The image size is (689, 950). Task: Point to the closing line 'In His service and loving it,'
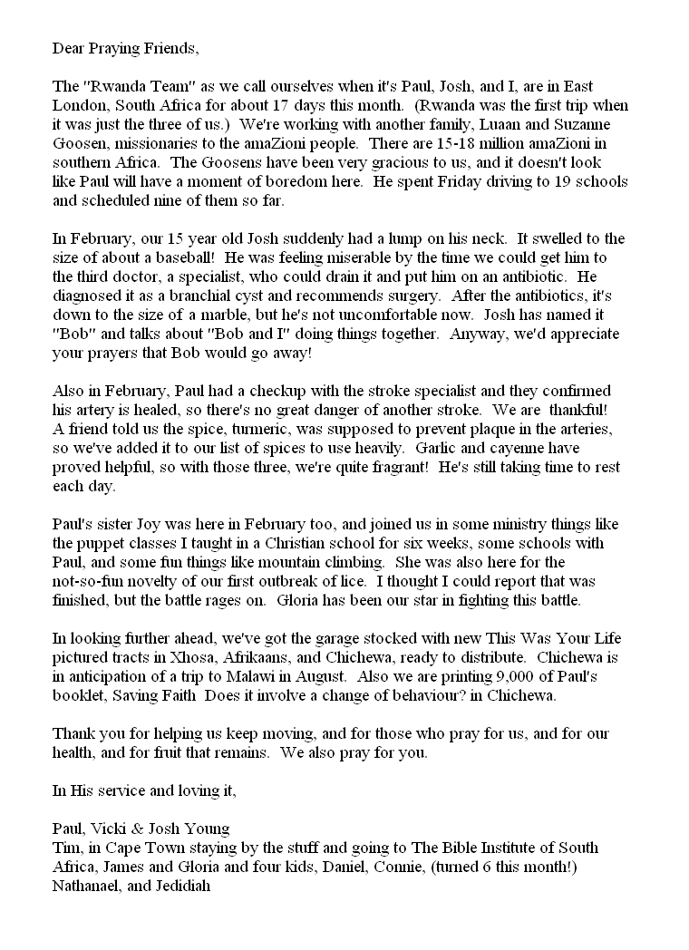[x=144, y=790]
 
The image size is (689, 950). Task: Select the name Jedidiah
[x=180, y=885]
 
